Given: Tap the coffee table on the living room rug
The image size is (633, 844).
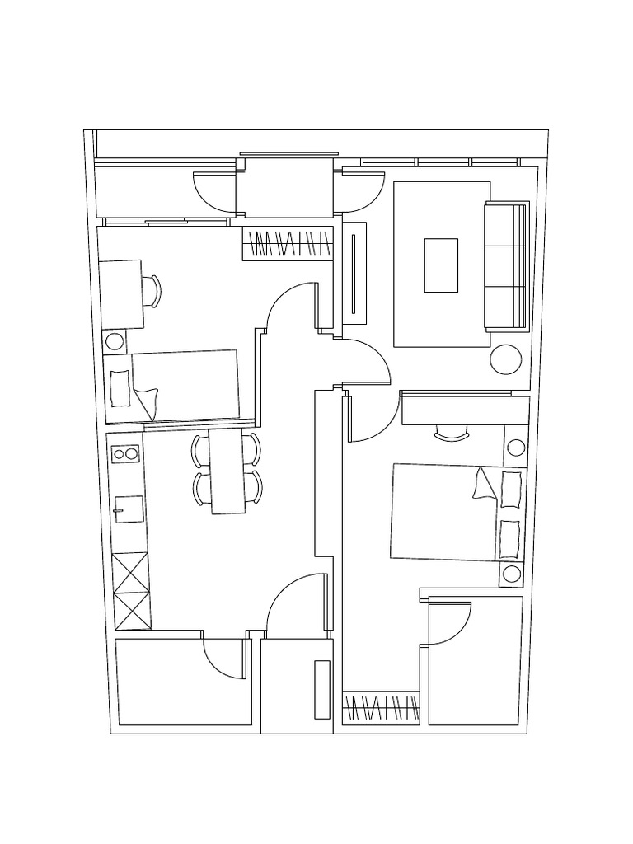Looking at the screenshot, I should point(441,265).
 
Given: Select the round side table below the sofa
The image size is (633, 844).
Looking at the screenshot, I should point(505,359).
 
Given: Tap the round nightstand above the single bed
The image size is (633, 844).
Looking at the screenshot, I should point(115,340).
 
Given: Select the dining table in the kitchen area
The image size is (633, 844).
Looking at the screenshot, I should point(227,471).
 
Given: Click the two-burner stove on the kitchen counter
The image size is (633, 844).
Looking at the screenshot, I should point(126,453).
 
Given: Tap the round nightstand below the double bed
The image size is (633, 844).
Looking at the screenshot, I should point(512,574).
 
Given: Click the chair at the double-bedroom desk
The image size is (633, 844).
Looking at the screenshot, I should point(451,434).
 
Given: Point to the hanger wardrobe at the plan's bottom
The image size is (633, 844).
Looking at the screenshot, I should point(381,707).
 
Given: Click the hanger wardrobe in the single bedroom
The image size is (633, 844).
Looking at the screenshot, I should point(288,244).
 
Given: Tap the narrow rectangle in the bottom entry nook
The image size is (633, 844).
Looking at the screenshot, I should point(321,689).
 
